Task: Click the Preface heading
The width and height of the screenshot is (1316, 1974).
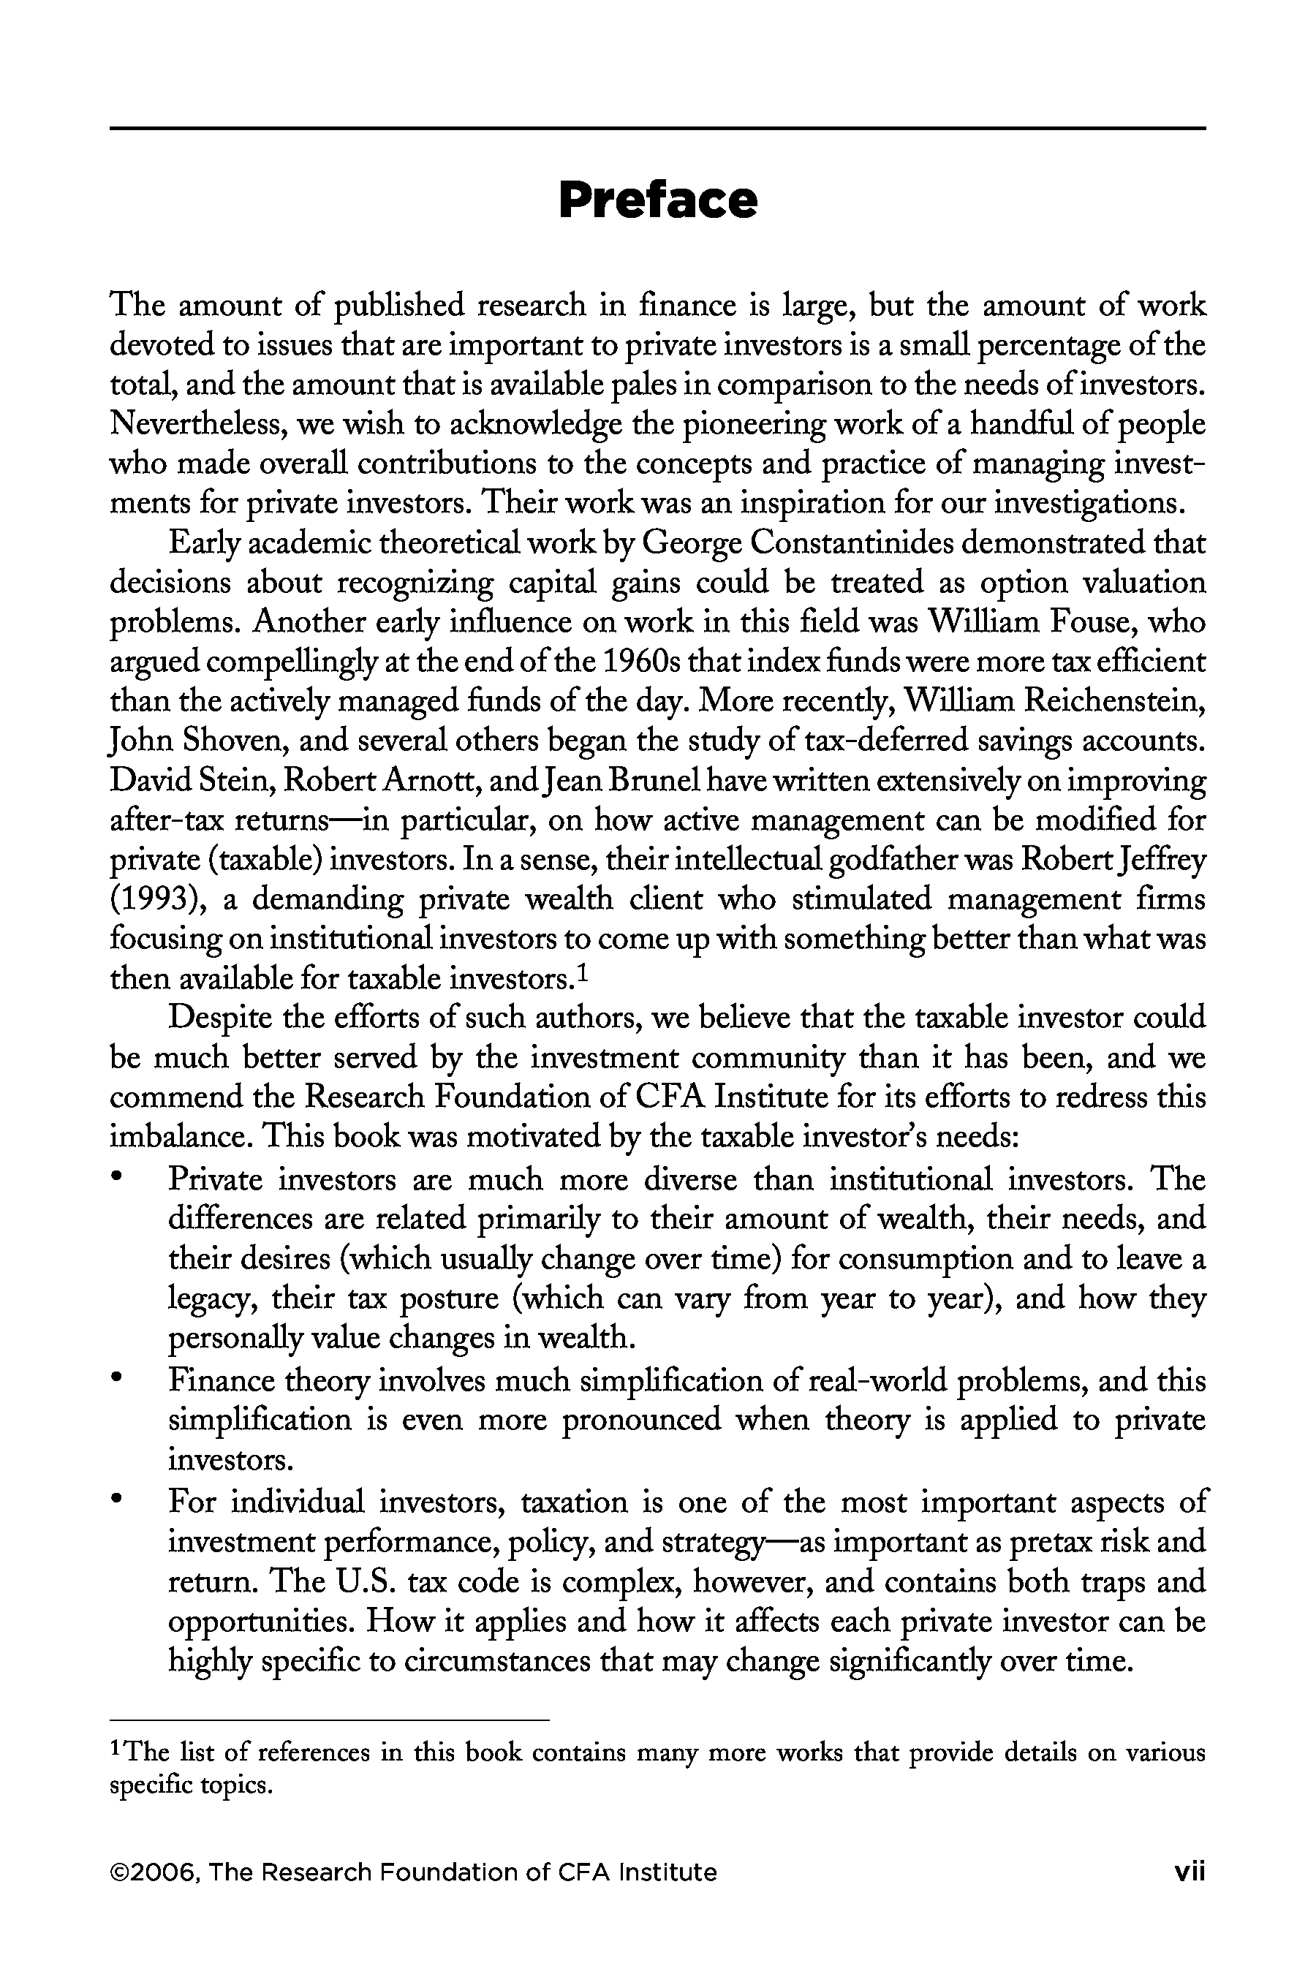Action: [x=658, y=200]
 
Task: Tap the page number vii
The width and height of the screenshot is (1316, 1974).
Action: [x=1190, y=1872]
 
